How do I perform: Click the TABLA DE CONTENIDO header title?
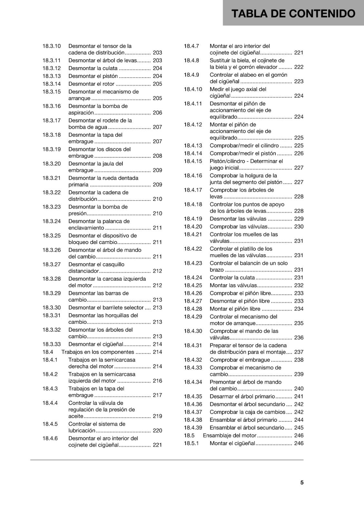293,14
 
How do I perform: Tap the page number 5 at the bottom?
302,482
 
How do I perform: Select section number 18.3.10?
52,46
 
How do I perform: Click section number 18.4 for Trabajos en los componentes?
48,352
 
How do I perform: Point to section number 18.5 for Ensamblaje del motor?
189,435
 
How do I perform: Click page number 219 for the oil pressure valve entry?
158,416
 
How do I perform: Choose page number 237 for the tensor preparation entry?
299,352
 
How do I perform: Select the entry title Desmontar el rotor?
91,84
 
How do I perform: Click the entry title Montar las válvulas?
233,286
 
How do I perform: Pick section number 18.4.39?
193,428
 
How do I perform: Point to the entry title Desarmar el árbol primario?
242,397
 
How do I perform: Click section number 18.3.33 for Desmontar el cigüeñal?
52,344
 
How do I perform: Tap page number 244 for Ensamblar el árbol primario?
299,420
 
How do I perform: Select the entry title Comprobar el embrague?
240,360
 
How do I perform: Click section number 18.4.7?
191,46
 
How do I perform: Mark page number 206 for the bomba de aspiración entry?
158,113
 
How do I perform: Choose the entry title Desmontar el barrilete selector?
106,308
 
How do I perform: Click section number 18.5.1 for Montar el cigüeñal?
191,444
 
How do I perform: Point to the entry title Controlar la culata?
232,278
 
